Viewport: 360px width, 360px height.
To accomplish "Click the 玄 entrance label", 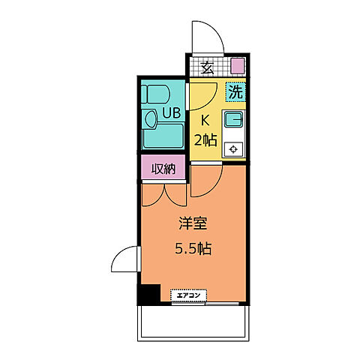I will tap(207, 67).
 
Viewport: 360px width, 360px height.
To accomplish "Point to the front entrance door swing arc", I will tap(203, 37).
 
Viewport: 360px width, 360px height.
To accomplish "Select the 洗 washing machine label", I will tap(235, 93).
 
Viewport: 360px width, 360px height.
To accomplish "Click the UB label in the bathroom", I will tap(172, 115).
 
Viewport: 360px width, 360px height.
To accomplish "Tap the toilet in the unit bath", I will tap(157, 96).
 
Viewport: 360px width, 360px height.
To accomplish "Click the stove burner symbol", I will tap(234, 148).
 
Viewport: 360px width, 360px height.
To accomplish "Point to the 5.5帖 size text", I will tap(193, 248).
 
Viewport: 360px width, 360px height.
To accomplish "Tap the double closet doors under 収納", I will tap(163, 193).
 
